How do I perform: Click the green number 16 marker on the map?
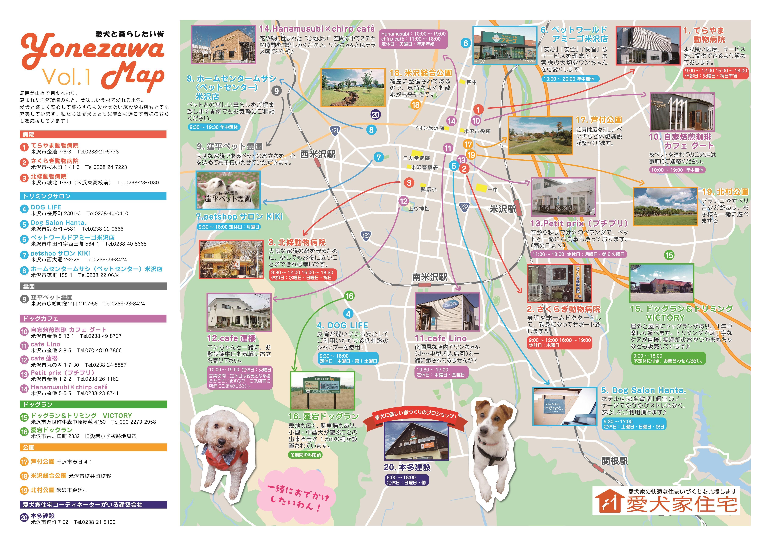349,296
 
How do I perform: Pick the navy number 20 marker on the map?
375,115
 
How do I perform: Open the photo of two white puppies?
228,190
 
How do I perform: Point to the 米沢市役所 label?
477,132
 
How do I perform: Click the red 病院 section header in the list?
93,135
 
